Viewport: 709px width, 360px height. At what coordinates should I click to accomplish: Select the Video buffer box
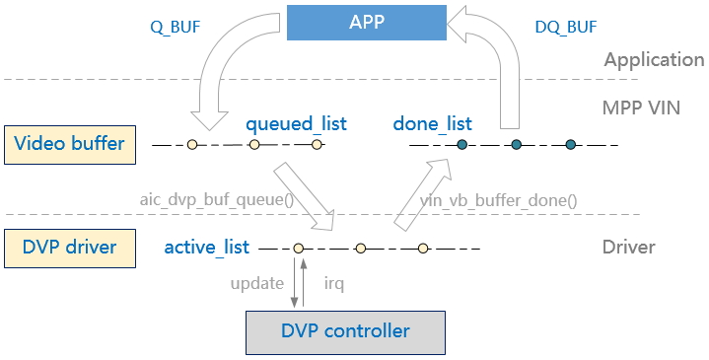click(68, 144)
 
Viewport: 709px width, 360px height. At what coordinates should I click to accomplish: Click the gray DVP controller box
click(344, 330)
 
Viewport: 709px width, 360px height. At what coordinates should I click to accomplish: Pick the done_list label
click(432, 124)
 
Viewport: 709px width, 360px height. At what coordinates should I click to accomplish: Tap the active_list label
click(206, 247)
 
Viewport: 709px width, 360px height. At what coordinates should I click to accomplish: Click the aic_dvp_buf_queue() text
click(217, 199)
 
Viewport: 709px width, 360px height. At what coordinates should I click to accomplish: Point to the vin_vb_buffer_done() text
click(499, 199)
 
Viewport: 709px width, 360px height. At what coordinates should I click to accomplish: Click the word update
click(257, 283)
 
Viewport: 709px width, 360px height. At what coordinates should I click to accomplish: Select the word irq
click(335, 283)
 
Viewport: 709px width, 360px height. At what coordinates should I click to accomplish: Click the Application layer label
click(654, 59)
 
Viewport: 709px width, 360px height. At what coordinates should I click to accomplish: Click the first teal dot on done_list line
click(461, 146)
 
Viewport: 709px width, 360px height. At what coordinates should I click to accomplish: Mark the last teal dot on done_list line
click(570, 146)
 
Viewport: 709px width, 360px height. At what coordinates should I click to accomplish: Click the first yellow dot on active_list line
click(298, 249)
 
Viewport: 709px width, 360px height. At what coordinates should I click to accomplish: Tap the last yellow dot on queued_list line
click(317, 146)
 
